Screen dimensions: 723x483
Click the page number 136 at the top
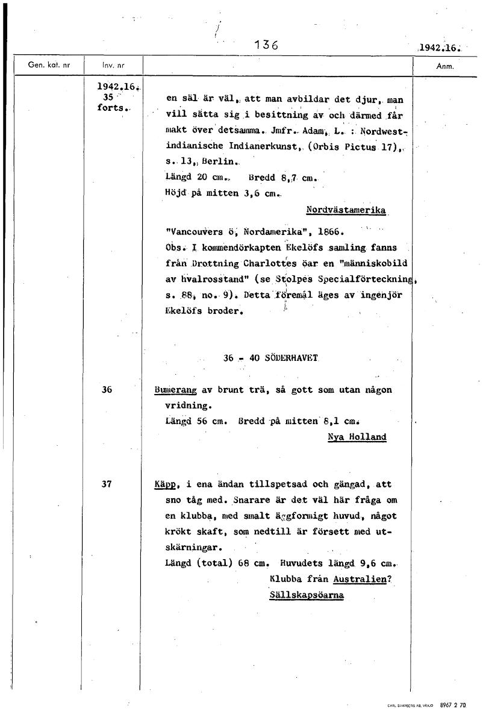[265, 45]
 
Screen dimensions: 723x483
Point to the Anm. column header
[444, 66]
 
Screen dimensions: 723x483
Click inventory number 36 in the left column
[107, 390]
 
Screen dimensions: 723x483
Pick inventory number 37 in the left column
[107, 484]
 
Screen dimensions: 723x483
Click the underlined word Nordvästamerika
[346, 210]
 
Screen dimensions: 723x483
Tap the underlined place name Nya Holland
[357, 437]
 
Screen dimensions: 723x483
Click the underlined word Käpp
[168, 484]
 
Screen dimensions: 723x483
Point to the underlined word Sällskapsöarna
[307, 595]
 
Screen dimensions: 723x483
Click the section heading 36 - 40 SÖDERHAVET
[270, 357]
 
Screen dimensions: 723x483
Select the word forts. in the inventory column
[112, 108]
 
